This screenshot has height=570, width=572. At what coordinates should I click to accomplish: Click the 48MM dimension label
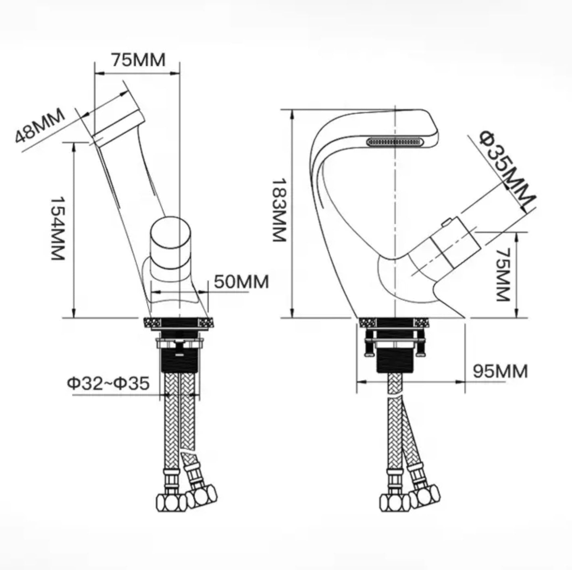tap(40, 126)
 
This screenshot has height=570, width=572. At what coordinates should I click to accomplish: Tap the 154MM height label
tap(58, 228)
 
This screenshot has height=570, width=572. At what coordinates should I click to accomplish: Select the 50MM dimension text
tap(241, 282)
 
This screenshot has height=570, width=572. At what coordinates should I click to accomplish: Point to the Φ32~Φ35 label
tap(108, 383)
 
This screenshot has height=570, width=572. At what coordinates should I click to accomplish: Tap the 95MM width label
tap(500, 371)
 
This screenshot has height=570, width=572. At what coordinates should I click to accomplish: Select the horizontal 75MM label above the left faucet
tap(138, 60)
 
